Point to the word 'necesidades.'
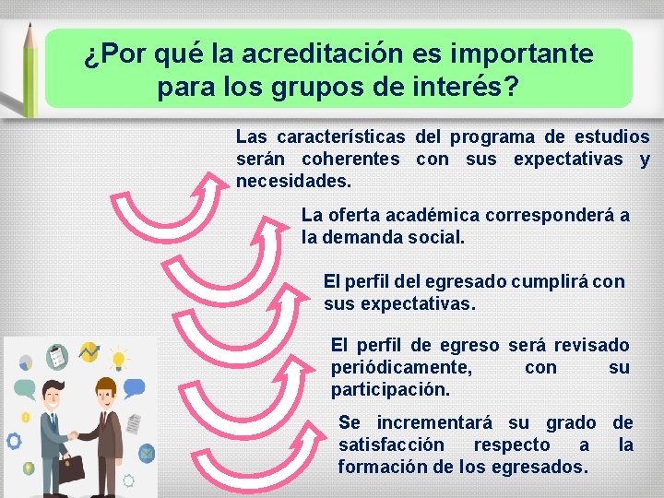point(294,180)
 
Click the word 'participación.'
point(391,389)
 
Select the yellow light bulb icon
point(117,358)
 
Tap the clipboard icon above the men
point(57,355)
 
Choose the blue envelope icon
point(147,452)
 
